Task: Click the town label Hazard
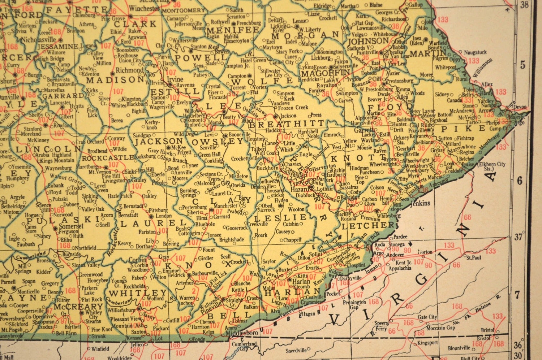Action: [300, 189]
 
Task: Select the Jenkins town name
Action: [420, 203]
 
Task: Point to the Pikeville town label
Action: [417, 130]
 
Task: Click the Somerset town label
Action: [71, 226]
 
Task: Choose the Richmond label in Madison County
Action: [129, 70]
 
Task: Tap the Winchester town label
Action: [144, 8]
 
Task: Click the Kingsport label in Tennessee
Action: [427, 343]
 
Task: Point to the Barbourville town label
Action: [205, 273]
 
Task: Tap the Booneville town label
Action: [240, 134]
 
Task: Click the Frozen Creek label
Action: [293, 108]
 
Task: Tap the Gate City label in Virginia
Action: [427, 317]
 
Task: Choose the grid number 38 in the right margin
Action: [524, 5]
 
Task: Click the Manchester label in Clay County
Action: [226, 206]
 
